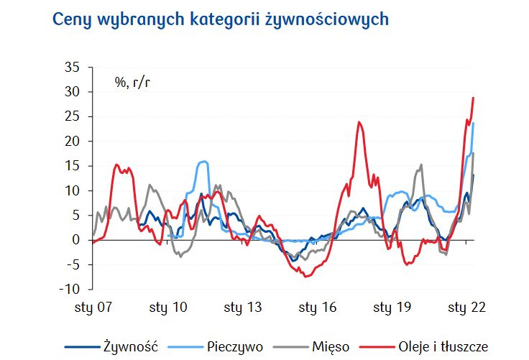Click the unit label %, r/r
tap(132, 82)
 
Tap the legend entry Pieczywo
tap(233, 346)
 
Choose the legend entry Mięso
tap(331, 346)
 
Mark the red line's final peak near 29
tap(473, 98)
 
